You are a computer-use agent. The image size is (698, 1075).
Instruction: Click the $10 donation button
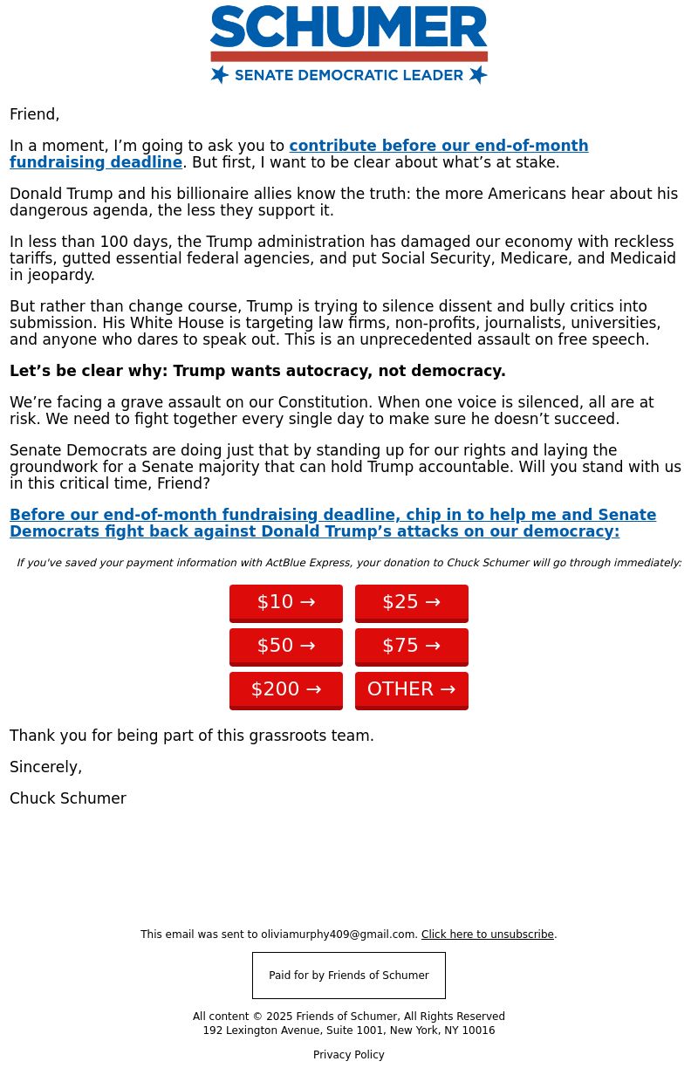(x=286, y=602)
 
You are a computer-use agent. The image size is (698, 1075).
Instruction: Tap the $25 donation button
(x=412, y=602)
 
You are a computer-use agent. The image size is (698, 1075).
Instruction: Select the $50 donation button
(x=286, y=646)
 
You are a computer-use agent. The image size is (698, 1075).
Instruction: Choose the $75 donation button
(x=412, y=646)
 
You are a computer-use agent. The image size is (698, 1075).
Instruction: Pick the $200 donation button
(x=286, y=689)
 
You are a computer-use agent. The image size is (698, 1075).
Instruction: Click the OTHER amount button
(x=412, y=689)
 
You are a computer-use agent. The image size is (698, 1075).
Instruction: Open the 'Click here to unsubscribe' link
(x=487, y=935)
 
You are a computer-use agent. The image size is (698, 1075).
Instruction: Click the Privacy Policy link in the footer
(x=349, y=1055)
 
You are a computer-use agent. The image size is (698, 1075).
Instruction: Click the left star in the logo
(x=220, y=75)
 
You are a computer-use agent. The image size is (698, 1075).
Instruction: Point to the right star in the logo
(x=477, y=75)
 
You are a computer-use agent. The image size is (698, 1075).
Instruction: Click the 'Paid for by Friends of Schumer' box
(x=349, y=976)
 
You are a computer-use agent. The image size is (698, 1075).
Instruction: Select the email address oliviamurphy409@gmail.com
(x=339, y=935)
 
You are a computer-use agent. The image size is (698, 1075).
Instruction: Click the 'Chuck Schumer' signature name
(x=68, y=798)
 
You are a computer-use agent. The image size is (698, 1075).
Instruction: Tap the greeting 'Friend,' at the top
(x=35, y=114)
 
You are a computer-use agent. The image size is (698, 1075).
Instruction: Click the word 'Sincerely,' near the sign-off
(x=46, y=767)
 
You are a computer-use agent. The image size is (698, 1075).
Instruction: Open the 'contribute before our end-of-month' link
(x=438, y=146)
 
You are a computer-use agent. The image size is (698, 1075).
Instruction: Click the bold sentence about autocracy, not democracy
(x=257, y=371)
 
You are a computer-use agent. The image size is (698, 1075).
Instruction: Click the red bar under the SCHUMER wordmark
(x=349, y=57)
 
